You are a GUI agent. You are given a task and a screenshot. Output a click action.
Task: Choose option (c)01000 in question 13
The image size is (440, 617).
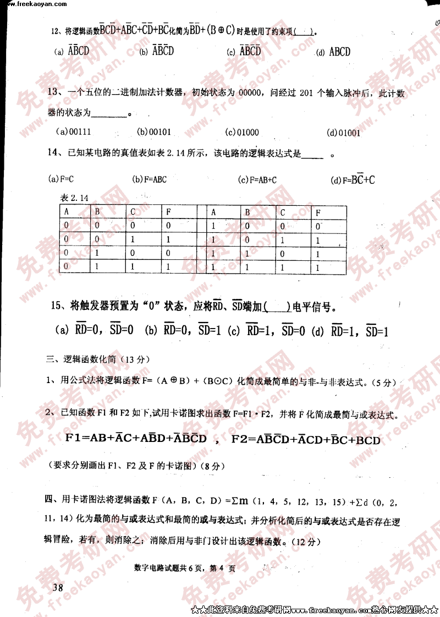[x=242, y=133]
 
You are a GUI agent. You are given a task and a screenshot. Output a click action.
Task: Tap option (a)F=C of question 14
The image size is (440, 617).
[x=61, y=179]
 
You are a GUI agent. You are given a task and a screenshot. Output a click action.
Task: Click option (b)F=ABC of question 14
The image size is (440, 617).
[x=149, y=179]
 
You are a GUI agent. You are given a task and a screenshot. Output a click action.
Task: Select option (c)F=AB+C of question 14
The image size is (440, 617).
[x=257, y=179]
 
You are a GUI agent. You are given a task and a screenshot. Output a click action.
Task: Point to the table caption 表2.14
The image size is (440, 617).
[x=75, y=198]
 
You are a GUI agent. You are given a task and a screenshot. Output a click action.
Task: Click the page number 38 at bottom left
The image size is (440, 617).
[x=57, y=588]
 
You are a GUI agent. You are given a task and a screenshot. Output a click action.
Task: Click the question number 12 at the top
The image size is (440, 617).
[x=55, y=31]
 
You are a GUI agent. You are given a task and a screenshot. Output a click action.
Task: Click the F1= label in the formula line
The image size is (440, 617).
[x=77, y=439]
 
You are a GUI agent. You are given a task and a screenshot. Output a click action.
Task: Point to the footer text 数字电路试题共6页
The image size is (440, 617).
[x=168, y=569]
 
